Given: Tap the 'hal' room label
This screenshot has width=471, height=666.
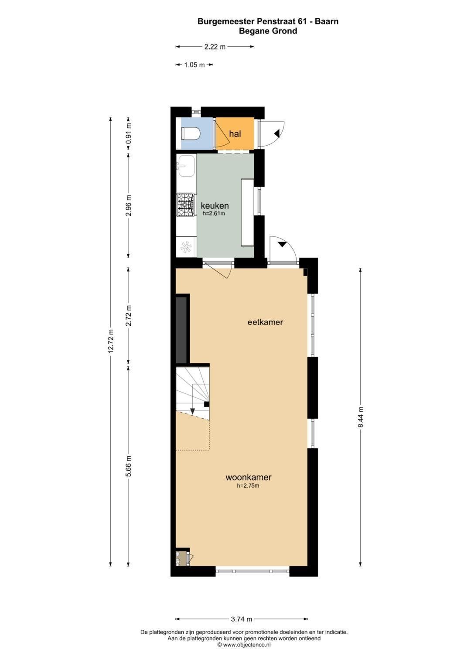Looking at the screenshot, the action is (x=235, y=134).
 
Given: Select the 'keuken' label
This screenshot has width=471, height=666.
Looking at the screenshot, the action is (x=215, y=205).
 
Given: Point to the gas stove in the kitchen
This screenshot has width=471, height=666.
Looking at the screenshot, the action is (x=185, y=205).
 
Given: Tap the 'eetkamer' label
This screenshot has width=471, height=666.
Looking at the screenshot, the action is (x=265, y=322).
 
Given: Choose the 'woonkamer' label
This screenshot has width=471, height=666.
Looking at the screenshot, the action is (x=249, y=478).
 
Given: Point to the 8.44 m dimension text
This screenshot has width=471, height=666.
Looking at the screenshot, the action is (x=360, y=417).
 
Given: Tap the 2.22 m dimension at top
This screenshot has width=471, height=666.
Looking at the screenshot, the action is (x=215, y=47).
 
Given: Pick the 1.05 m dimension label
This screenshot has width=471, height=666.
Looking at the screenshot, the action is (x=195, y=65).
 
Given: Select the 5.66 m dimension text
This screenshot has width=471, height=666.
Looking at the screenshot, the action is (x=129, y=466).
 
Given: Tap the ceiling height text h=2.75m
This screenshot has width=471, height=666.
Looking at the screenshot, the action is (x=248, y=486).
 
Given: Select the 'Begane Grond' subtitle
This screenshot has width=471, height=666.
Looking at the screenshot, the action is (x=268, y=31).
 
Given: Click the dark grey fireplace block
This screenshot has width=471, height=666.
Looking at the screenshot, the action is (x=181, y=330).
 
